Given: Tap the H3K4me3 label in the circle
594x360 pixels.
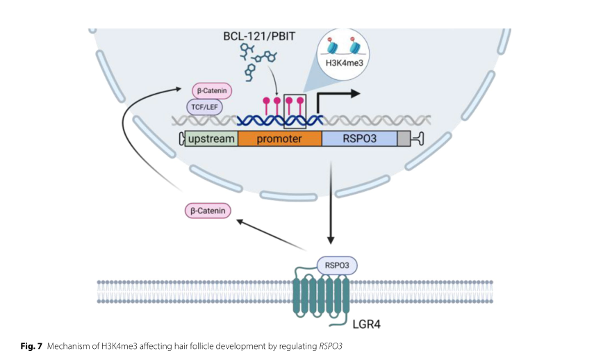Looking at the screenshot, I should [345, 62].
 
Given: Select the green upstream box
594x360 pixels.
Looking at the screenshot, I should [211, 139].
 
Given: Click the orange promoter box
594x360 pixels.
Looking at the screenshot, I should [279, 139].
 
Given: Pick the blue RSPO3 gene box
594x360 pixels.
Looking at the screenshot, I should [359, 139].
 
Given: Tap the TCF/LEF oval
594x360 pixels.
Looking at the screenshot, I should [204, 106].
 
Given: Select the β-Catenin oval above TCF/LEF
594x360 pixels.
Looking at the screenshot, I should [211, 90].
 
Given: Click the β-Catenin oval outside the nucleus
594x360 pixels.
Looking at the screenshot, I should [207, 209].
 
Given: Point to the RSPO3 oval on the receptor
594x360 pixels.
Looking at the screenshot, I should [337, 264].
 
